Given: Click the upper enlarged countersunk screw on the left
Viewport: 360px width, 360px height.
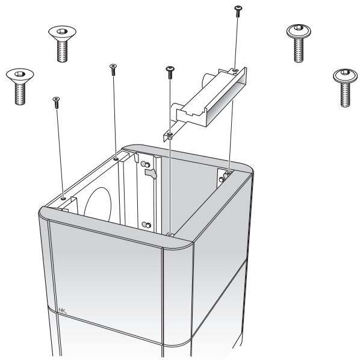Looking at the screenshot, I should (60, 43).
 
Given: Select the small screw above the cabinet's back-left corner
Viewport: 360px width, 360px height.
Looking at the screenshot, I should (113, 69).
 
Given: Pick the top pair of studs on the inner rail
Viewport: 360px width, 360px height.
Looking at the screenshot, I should (145, 164).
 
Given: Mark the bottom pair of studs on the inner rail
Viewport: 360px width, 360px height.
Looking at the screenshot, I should (145, 225).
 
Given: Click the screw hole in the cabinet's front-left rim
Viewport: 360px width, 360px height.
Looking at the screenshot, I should (63, 196).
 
